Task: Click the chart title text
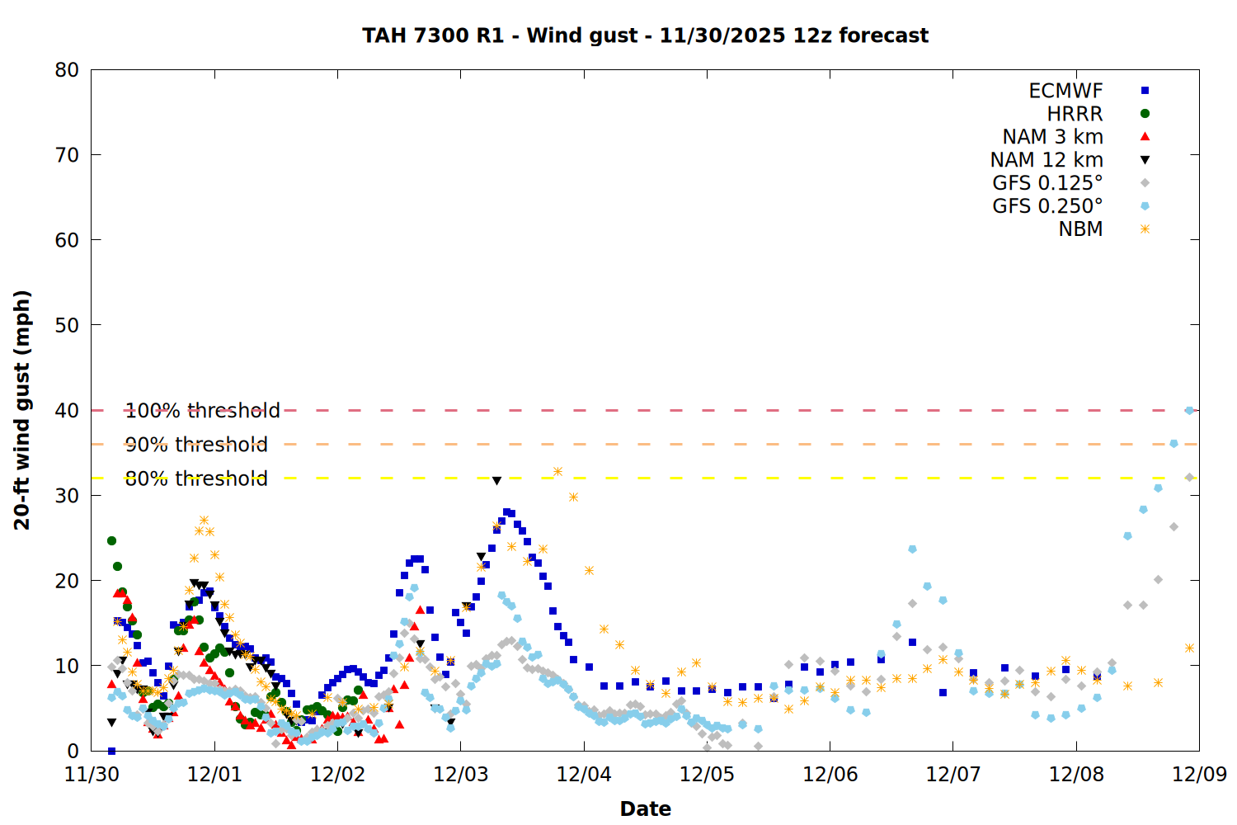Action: [x=645, y=35]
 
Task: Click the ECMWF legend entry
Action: [x=1065, y=91]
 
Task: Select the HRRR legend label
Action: [x=1075, y=114]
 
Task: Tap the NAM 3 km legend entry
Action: [x=1052, y=137]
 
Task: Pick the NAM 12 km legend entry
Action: [x=1047, y=160]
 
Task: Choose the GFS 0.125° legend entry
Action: [x=1047, y=183]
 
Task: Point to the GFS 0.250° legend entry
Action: [x=1047, y=206]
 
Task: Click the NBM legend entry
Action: [x=1080, y=229]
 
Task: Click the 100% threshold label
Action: [x=202, y=411]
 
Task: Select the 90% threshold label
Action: [x=196, y=445]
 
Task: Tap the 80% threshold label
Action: [x=196, y=478]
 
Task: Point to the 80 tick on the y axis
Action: [x=67, y=70]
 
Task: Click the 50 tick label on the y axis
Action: [x=67, y=325]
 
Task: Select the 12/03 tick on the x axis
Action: [x=460, y=775]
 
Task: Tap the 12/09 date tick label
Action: [x=1199, y=775]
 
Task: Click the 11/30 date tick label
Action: [x=92, y=775]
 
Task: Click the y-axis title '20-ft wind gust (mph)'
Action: [x=22, y=410]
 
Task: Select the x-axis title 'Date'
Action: [x=645, y=808]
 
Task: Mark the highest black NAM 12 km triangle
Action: [x=496, y=481]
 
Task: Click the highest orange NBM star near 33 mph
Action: [x=557, y=472]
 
